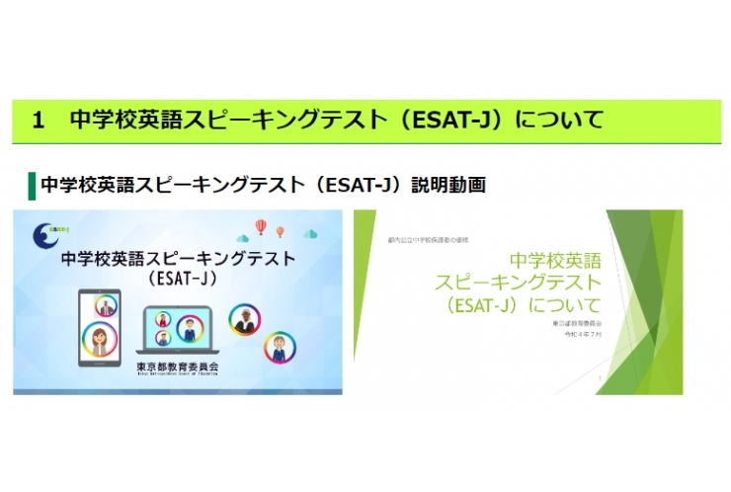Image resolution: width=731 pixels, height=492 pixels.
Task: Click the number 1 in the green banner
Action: (x=39, y=122)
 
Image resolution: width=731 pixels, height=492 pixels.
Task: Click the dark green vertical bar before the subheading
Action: (x=32, y=185)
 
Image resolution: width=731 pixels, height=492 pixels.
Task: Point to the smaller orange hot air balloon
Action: (x=281, y=232)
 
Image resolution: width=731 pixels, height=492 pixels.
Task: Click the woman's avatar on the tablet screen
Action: (x=101, y=340)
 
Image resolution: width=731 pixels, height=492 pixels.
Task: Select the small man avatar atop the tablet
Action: (x=108, y=305)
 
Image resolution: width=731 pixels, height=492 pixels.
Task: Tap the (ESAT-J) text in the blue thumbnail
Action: (x=179, y=279)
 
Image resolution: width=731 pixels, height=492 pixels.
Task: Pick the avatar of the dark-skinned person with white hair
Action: (x=245, y=318)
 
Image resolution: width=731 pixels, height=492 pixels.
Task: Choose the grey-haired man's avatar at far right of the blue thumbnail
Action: (x=281, y=347)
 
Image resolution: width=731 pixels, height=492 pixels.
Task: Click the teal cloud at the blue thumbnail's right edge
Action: (x=311, y=234)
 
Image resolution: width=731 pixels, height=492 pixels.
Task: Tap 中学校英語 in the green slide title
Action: (x=554, y=261)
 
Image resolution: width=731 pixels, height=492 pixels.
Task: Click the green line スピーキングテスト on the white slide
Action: (x=518, y=283)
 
